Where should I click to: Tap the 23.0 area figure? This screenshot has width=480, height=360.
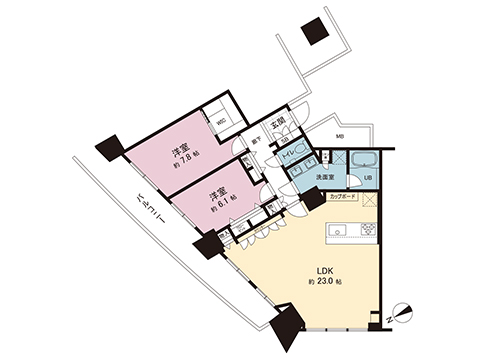click(x=327, y=284)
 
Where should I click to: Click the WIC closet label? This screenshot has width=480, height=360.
click(x=221, y=125)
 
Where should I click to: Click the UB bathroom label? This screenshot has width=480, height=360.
click(x=367, y=178)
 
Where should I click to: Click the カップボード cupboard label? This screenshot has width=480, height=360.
click(x=342, y=197)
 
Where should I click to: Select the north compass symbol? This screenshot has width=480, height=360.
click(x=401, y=311)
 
